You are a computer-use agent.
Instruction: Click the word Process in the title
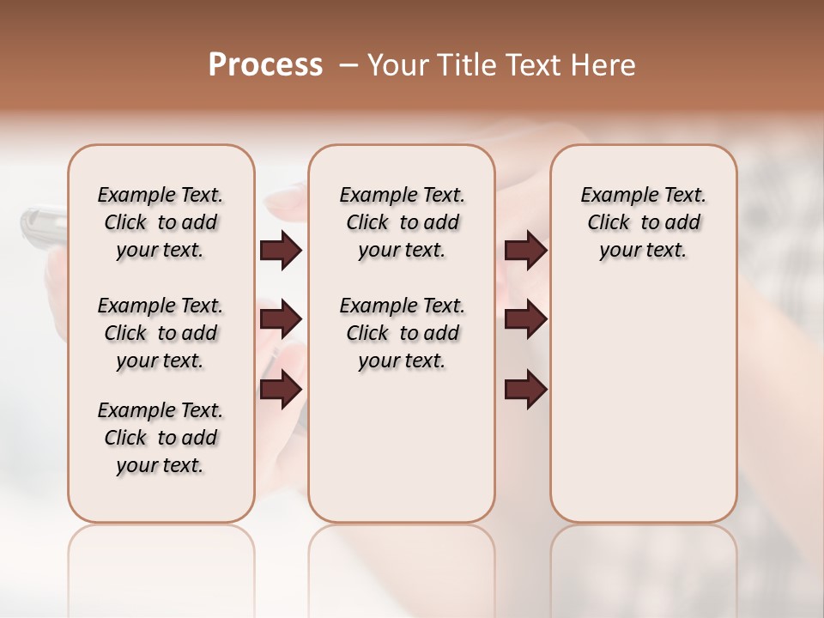(x=265, y=64)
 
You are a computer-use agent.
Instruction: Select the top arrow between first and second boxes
(x=281, y=251)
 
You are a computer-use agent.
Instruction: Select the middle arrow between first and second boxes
(x=281, y=319)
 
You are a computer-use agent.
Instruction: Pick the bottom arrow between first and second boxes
(x=281, y=389)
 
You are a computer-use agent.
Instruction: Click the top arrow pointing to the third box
(x=525, y=251)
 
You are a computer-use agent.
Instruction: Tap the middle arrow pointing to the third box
(x=525, y=319)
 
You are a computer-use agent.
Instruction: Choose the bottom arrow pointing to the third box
(x=525, y=389)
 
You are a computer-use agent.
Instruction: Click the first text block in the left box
(x=161, y=222)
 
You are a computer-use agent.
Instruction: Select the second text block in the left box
(x=161, y=333)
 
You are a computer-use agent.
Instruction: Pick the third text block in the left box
(x=161, y=438)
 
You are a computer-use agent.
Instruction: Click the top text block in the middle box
(x=402, y=222)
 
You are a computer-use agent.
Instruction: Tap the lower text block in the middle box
(x=402, y=333)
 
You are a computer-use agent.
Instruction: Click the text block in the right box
(x=643, y=222)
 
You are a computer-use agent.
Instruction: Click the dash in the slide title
(x=348, y=64)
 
